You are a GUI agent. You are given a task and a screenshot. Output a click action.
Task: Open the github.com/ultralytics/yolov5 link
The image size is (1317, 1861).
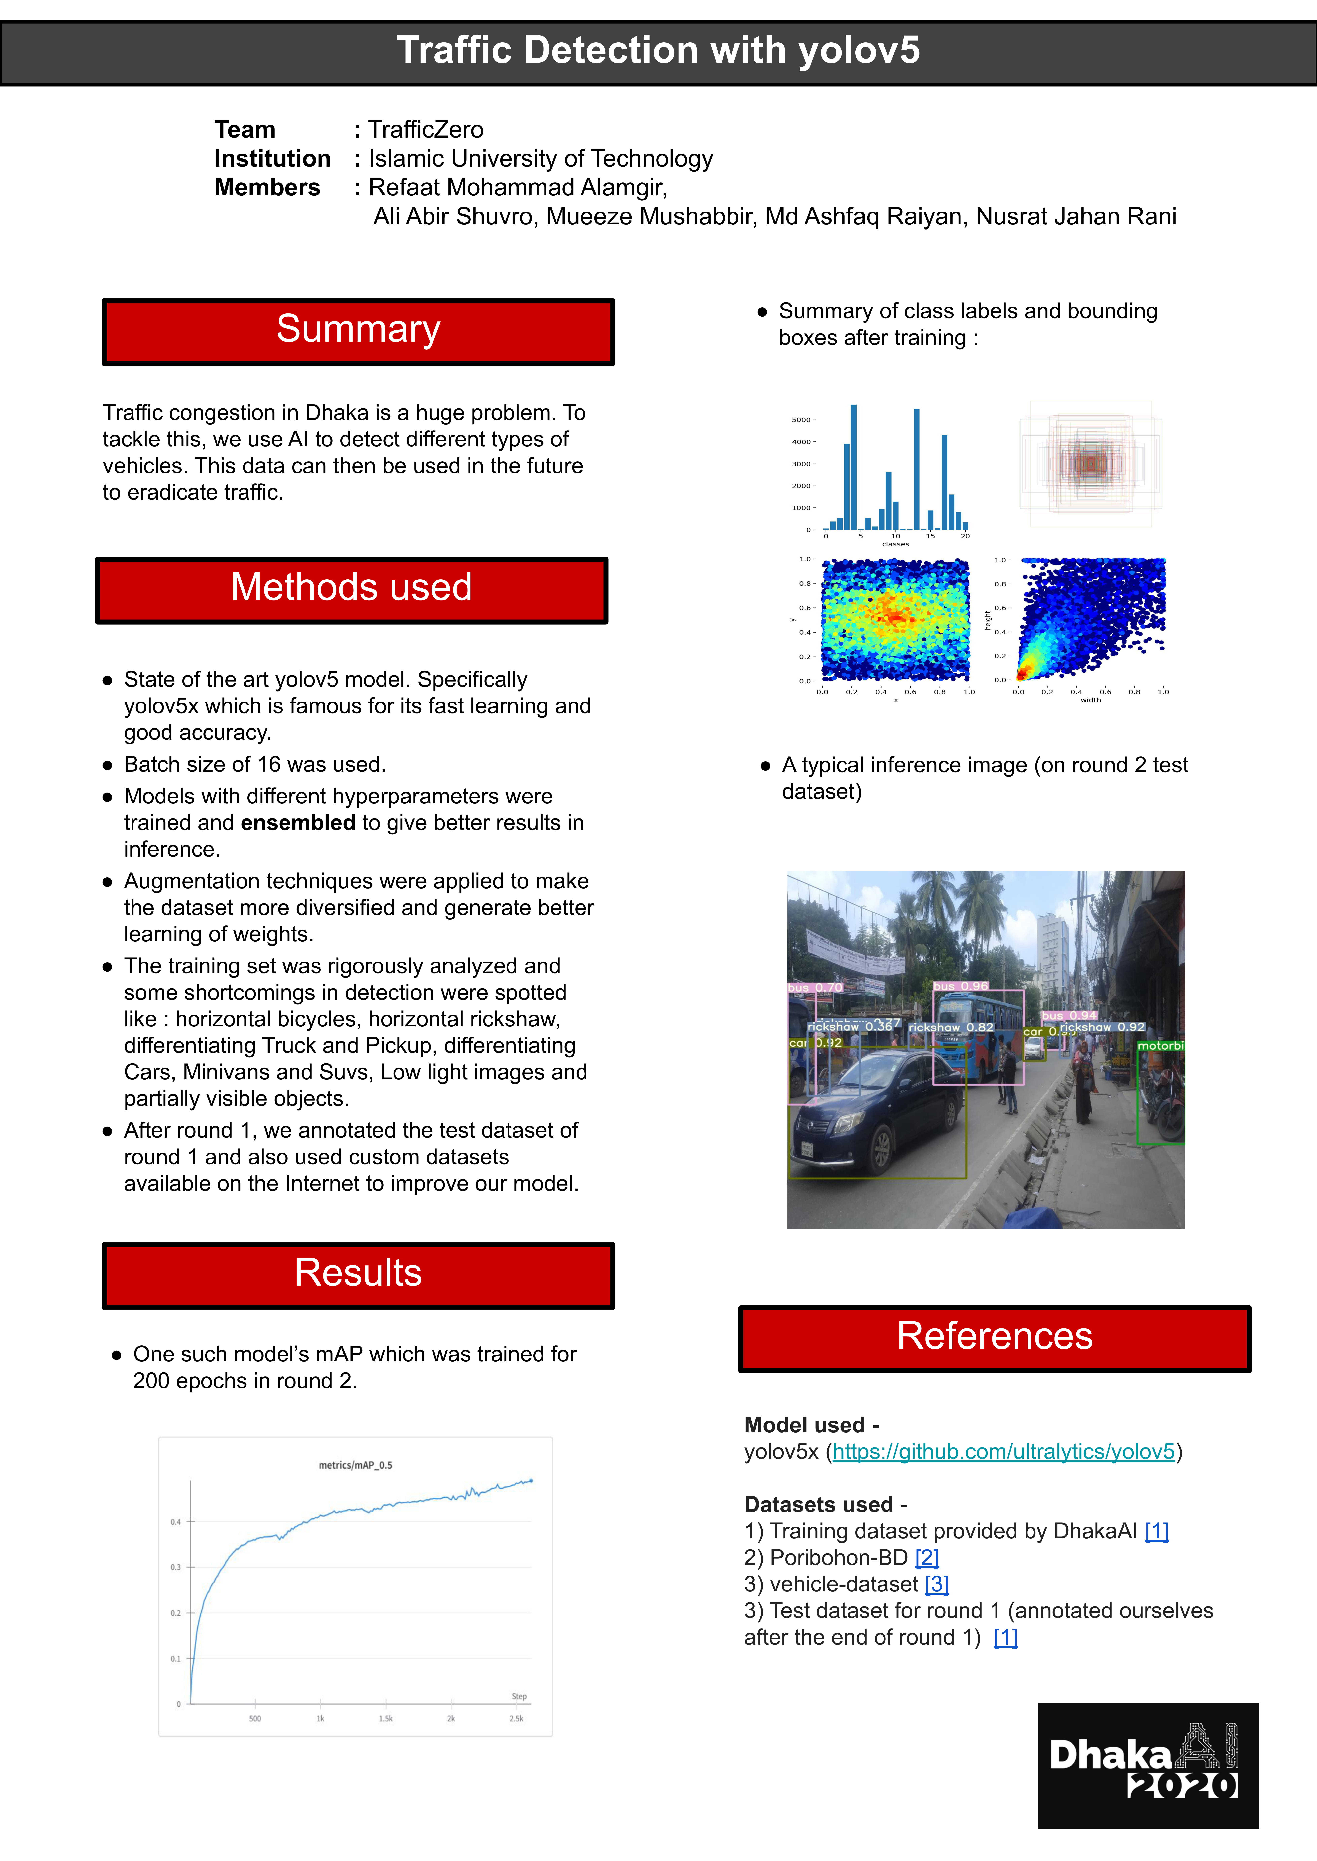coord(1003,1452)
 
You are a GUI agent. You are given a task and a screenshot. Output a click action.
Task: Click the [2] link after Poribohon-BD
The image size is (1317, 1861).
coord(927,1558)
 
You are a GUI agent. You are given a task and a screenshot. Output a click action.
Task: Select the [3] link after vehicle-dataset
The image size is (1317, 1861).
coord(937,1585)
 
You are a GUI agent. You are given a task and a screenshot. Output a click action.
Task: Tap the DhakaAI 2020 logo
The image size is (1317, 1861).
coord(1148,1765)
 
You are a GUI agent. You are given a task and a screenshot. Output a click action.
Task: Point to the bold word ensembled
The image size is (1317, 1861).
coord(298,823)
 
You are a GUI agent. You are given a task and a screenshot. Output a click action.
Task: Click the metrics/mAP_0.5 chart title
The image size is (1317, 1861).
coord(355,1465)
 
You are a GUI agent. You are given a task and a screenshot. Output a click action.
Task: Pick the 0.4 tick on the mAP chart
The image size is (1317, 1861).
coord(176,1522)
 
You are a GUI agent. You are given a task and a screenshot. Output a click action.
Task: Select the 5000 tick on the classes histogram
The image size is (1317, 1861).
coord(801,420)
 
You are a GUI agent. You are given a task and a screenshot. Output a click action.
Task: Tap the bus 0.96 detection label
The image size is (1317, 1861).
coord(961,986)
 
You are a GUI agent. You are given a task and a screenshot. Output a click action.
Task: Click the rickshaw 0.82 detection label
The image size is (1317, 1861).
coord(950,1028)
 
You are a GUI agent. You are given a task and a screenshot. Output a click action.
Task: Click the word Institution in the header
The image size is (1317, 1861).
coord(273,159)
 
